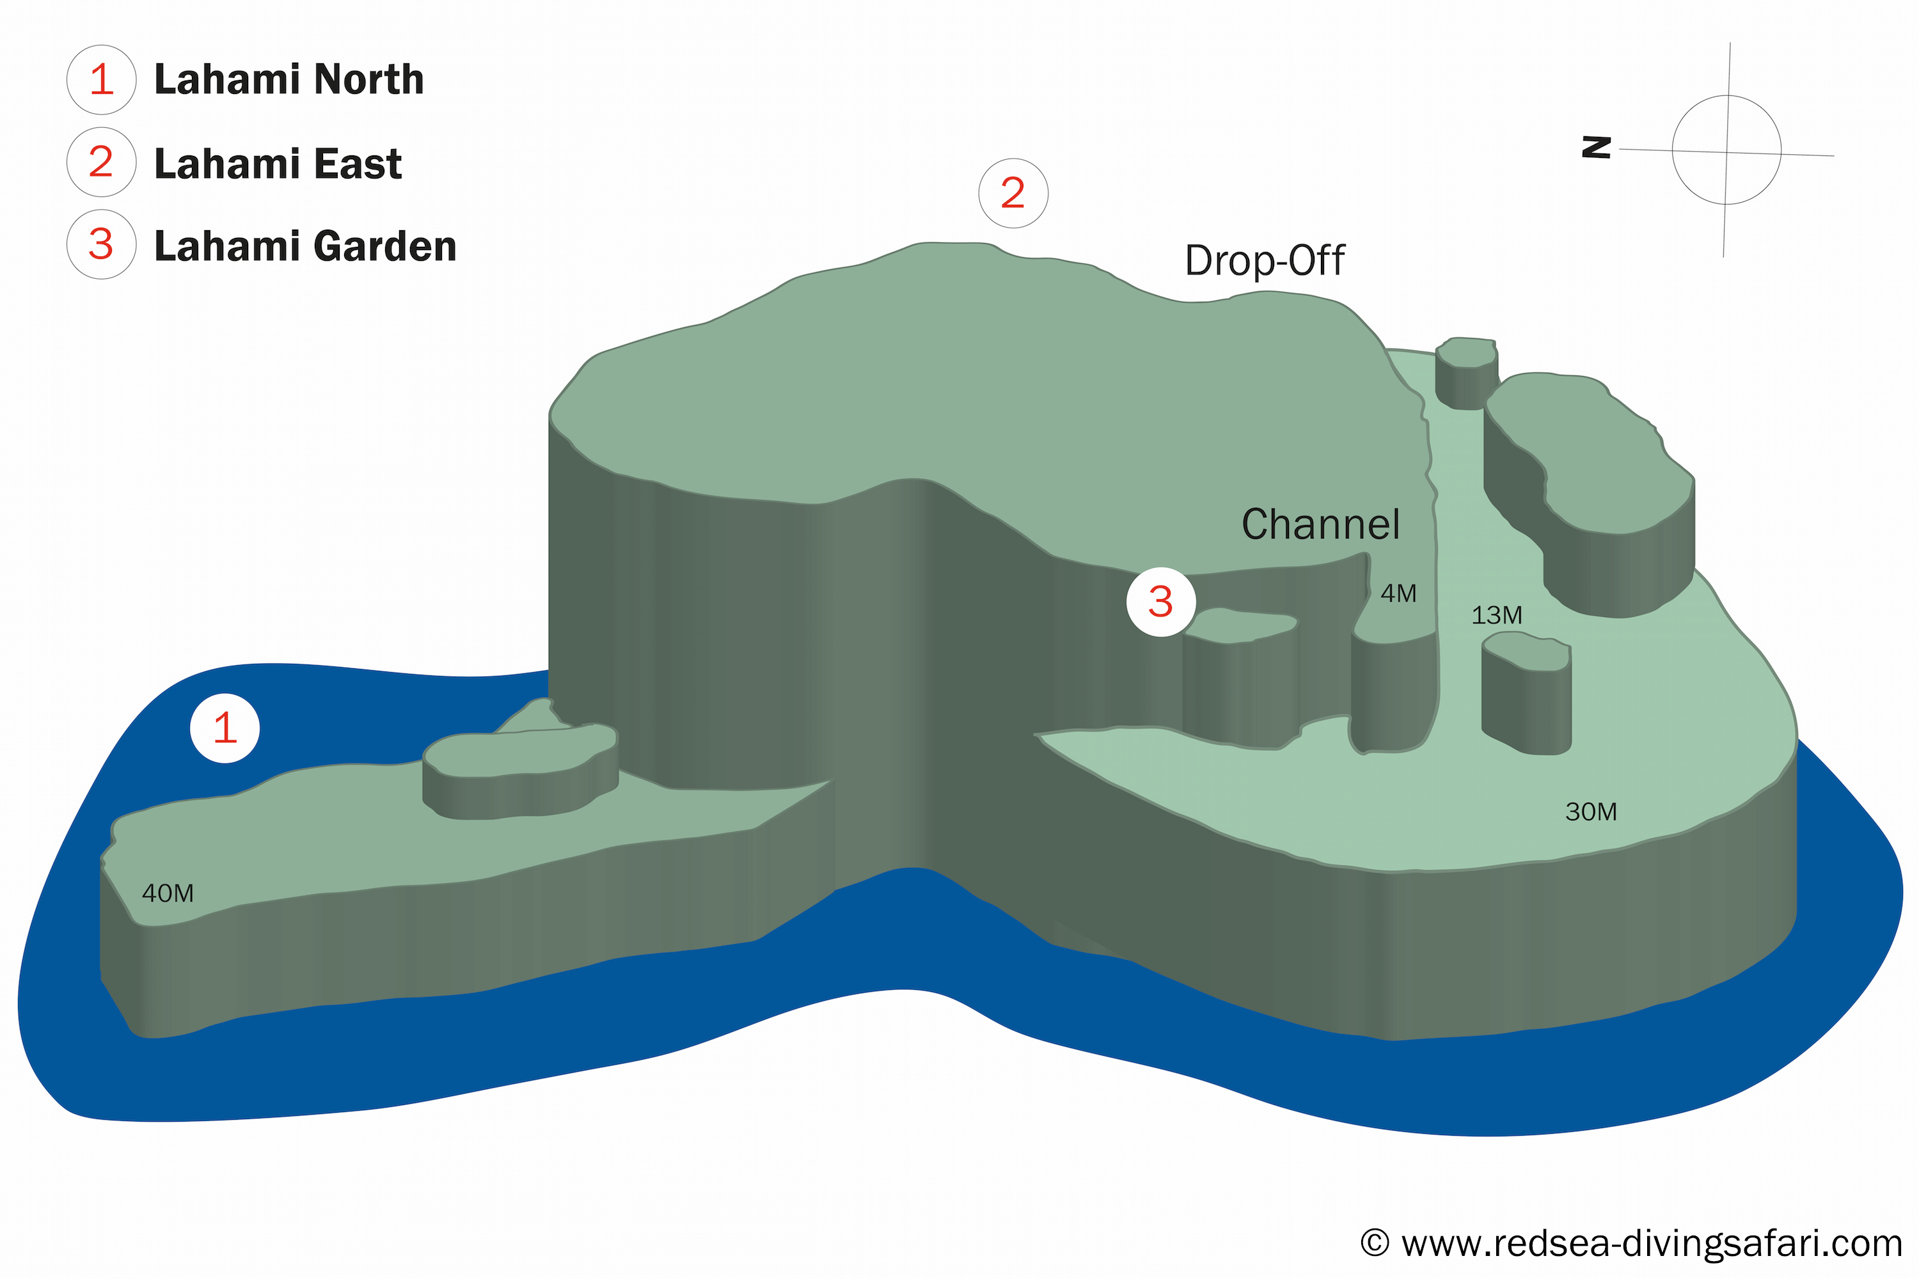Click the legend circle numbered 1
pos(101,79)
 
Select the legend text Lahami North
pos(289,80)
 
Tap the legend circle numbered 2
pos(101,162)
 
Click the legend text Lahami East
pos(278,164)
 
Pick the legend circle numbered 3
pos(101,245)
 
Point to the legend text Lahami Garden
pos(305,246)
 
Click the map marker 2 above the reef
pos(1013,193)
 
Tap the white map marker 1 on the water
pos(225,728)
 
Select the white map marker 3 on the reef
pos(1161,602)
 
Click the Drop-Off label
pos(1264,261)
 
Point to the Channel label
pos(1320,524)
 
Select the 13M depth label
pos(1496,616)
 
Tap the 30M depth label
pos(1591,812)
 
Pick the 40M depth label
pos(168,894)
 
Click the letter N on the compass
pos(1597,148)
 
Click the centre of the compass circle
pos(1726,150)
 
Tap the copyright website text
pos(1632,1244)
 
